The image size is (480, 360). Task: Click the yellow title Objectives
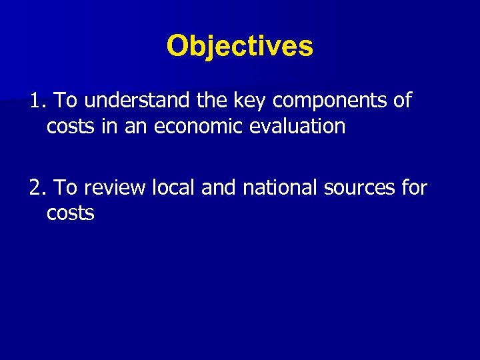pyautogui.click(x=239, y=46)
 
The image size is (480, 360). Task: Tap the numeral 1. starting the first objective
pyautogui.click(x=37, y=101)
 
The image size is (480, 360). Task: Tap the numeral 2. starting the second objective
pyautogui.click(x=37, y=189)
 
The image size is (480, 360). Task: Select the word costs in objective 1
pyautogui.click(x=70, y=127)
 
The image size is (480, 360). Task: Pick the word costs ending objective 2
pyautogui.click(x=70, y=214)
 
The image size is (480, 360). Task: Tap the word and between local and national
pyautogui.click(x=219, y=189)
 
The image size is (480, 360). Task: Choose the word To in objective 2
pyautogui.click(x=65, y=189)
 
